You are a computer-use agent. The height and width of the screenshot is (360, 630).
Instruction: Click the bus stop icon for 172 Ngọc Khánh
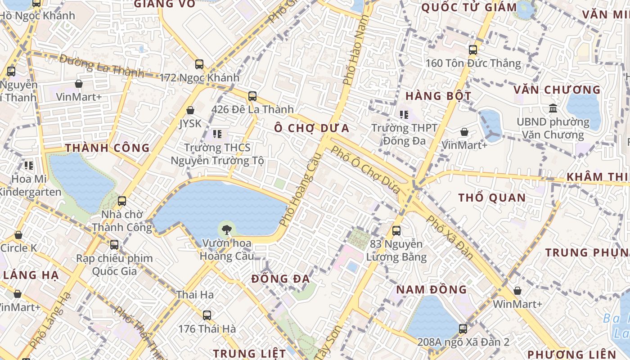coord(199,64)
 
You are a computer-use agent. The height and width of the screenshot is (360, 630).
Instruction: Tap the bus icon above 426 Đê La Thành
coord(252,96)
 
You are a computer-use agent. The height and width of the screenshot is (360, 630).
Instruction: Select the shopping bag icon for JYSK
coord(190,110)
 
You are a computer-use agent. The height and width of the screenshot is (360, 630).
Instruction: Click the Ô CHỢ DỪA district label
coord(312,128)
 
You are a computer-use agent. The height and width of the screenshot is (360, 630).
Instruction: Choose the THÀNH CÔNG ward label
coord(107,148)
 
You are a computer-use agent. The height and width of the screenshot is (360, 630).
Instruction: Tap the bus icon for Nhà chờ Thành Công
coord(122,201)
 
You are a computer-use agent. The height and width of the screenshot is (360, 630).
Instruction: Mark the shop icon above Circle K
coord(18,235)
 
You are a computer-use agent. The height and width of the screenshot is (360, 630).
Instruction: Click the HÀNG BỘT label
coord(438,96)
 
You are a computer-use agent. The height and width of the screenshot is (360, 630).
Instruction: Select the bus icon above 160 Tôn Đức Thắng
coord(473,49)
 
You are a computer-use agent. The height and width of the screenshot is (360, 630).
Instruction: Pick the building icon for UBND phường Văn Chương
coord(553,108)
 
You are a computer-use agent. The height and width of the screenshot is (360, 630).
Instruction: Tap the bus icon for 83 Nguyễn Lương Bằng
coord(396,231)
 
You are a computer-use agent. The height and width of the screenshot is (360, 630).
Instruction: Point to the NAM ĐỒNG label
coord(432,289)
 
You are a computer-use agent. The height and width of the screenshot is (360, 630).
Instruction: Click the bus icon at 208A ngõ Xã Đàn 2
coord(463,329)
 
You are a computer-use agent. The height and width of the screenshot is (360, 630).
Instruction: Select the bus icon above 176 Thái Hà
coord(207,315)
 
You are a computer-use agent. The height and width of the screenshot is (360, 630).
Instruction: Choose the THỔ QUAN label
coord(492,198)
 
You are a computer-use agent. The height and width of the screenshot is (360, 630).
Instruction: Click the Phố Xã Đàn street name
coord(450,237)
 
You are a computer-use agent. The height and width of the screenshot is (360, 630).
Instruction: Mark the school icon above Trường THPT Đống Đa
coord(404,115)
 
